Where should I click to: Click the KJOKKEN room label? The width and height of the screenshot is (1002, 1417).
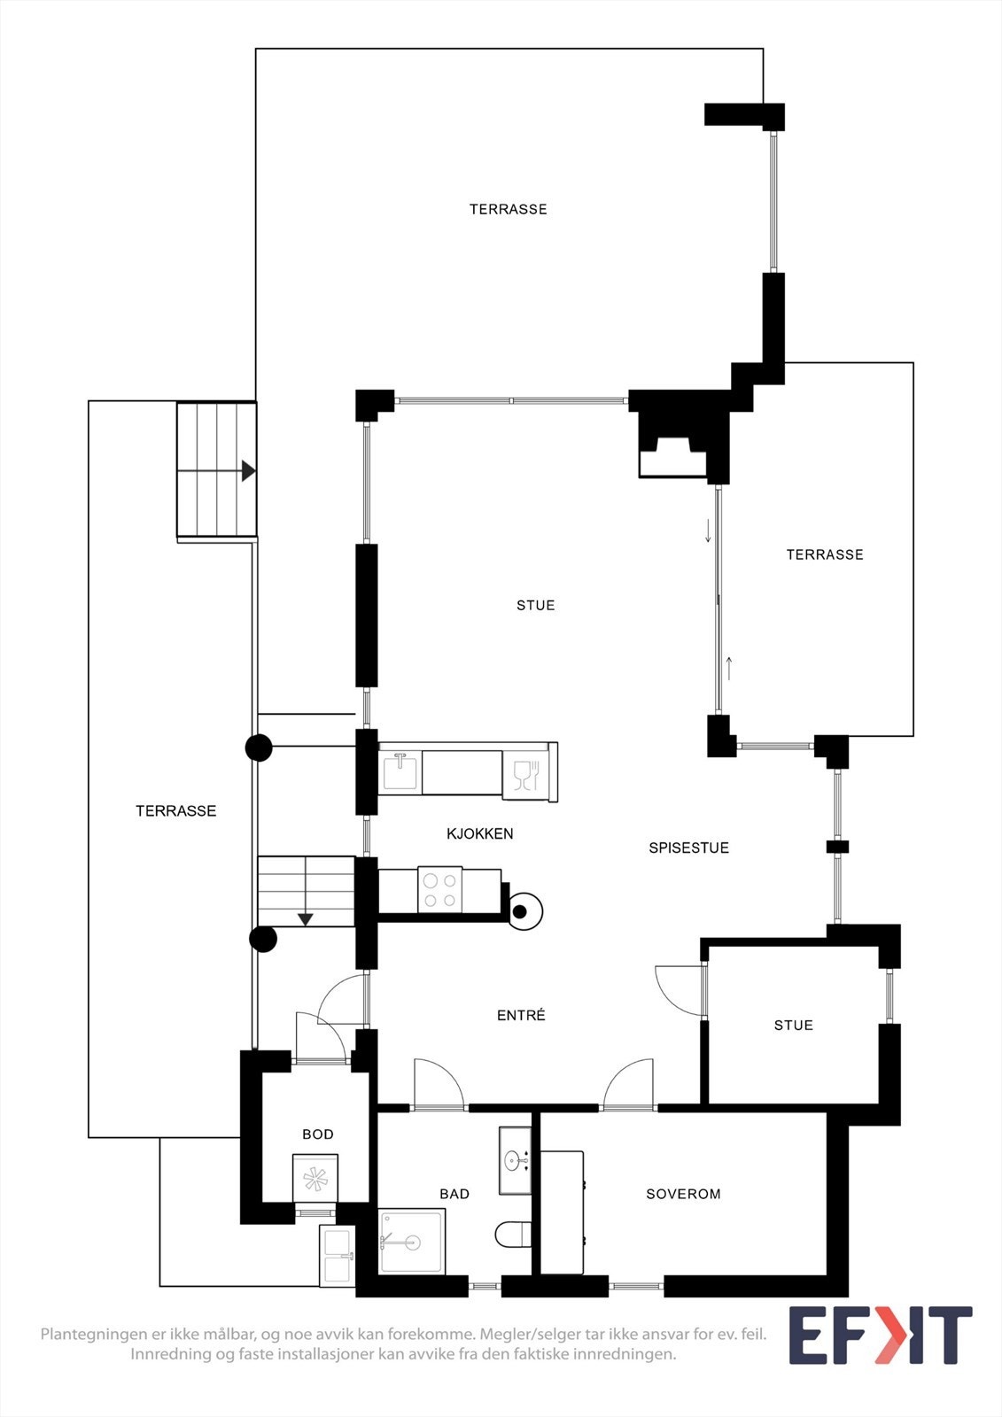[480, 833]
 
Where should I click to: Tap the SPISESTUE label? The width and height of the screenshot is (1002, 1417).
[688, 848]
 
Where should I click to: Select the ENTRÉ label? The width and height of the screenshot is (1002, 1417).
[521, 1015]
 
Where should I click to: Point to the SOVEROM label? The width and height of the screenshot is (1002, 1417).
[683, 1194]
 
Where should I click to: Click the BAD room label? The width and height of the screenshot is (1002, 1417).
[454, 1194]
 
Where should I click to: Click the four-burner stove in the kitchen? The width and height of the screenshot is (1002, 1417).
[440, 890]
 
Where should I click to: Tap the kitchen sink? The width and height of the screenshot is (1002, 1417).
[400, 770]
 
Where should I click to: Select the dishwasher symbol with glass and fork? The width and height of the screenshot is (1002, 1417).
[527, 775]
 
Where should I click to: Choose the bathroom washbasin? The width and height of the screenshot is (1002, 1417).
[515, 1160]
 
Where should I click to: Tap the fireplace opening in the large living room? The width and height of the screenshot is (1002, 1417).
[672, 458]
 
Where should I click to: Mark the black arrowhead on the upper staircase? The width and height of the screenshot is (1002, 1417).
[248, 470]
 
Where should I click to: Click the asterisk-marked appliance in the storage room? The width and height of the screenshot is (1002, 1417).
[315, 1178]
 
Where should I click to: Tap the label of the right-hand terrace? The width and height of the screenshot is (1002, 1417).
[825, 554]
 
